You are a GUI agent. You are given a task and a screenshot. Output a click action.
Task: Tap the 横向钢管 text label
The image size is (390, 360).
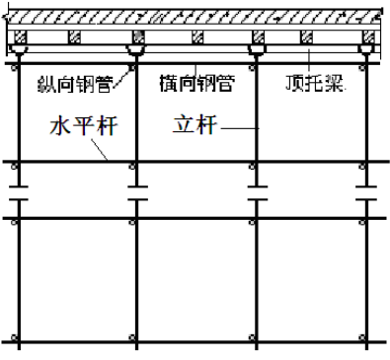tap(196, 82)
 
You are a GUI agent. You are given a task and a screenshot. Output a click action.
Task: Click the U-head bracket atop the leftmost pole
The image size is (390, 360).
tap(16, 50)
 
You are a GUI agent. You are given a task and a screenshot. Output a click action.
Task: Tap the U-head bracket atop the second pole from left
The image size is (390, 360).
tap(135, 50)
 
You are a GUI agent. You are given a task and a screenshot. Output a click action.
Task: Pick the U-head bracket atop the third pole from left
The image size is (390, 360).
tap(256, 50)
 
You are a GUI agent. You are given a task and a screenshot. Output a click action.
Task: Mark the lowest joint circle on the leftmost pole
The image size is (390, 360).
tap(16, 343)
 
